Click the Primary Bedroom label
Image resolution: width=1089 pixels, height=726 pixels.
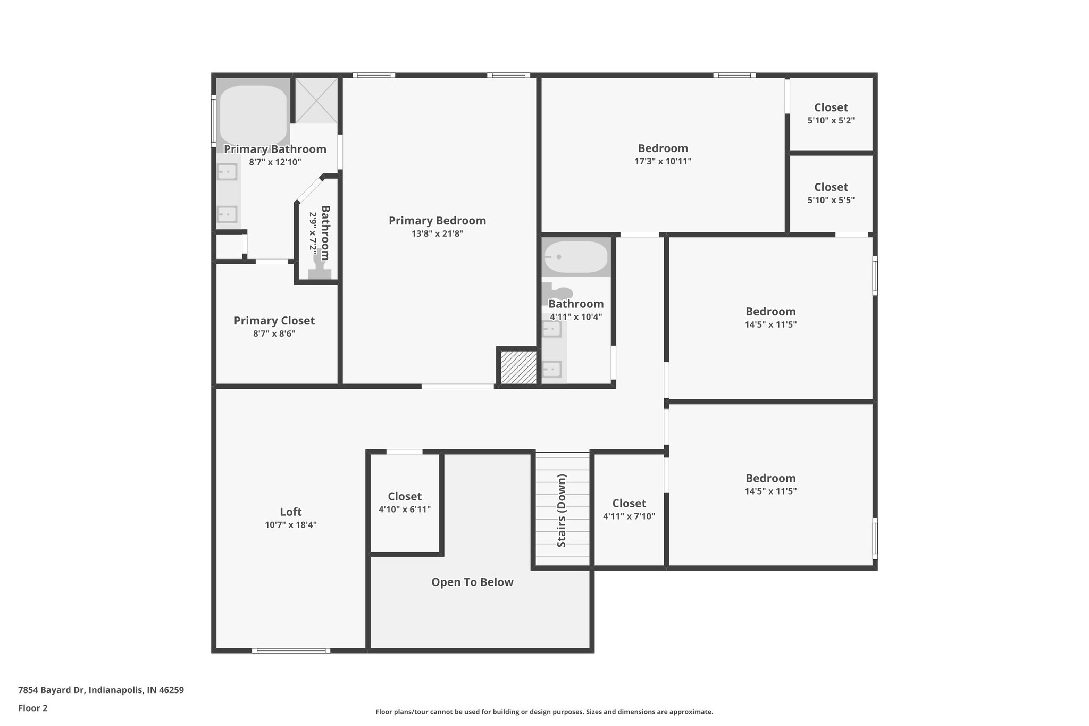coord(437,221)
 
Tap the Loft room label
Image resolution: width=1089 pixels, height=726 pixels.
coord(291,512)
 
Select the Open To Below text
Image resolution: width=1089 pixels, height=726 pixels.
coord(472,582)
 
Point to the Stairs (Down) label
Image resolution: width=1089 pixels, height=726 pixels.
coord(562,511)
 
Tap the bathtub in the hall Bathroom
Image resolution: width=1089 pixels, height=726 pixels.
coord(576,257)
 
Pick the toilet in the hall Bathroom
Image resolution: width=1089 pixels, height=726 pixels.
coord(558,293)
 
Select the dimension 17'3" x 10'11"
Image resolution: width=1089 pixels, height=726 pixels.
coord(663,161)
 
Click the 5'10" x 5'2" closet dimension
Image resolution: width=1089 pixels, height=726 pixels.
coord(831,121)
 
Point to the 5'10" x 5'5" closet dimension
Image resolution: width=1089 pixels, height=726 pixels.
coord(831,201)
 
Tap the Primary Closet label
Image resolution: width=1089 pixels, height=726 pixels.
coord(274,321)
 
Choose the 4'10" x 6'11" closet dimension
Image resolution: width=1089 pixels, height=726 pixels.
coord(405,510)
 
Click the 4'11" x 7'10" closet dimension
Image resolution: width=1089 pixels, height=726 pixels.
coord(629,516)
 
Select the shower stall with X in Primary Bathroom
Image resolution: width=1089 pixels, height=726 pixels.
coord(316,101)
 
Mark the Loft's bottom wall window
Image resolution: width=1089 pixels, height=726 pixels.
coord(291,650)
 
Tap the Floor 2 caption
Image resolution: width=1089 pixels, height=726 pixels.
coord(33,708)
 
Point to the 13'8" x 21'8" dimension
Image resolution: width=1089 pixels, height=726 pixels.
coord(437,233)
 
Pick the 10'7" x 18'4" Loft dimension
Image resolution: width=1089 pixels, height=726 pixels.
coord(291,525)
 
